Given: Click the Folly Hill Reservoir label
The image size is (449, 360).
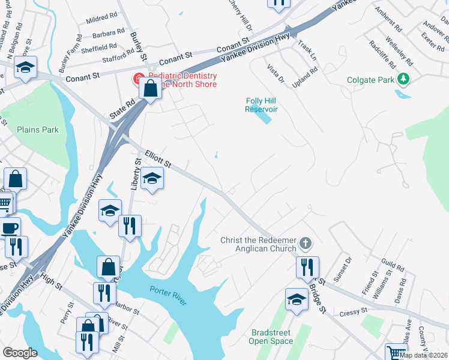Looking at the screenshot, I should (x=261, y=105).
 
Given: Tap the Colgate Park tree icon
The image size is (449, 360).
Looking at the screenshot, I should (x=405, y=79).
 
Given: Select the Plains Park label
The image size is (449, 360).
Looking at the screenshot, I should (x=38, y=130).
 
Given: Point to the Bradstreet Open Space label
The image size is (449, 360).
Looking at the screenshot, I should (x=271, y=337).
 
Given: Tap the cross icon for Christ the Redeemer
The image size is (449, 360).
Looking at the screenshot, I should (x=306, y=244).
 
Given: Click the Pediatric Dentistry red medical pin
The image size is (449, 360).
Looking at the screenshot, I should (x=138, y=79).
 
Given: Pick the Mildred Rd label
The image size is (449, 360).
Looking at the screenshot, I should (x=97, y=20).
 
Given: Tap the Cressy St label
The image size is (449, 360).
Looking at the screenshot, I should (x=353, y=312).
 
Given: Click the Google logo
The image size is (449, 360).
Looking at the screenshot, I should (x=20, y=353).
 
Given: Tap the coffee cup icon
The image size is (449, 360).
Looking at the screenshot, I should (x=10, y=228).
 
